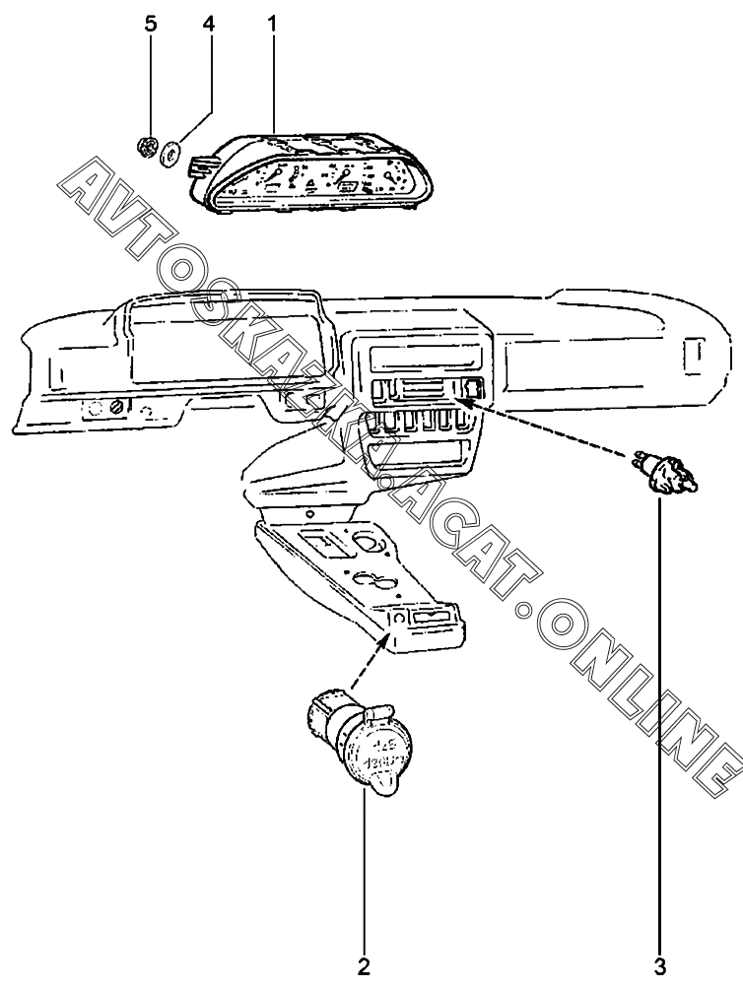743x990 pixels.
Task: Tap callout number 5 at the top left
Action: pyautogui.click(x=151, y=24)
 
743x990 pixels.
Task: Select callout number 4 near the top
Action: pyautogui.click(x=208, y=24)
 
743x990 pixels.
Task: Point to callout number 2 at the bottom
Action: pyautogui.click(x=364, y=966)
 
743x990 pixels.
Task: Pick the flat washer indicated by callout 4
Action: pyautogui.click(x=170, y=153)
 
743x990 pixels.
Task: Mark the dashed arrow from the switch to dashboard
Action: pyautogui.click(x=552, y=429)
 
